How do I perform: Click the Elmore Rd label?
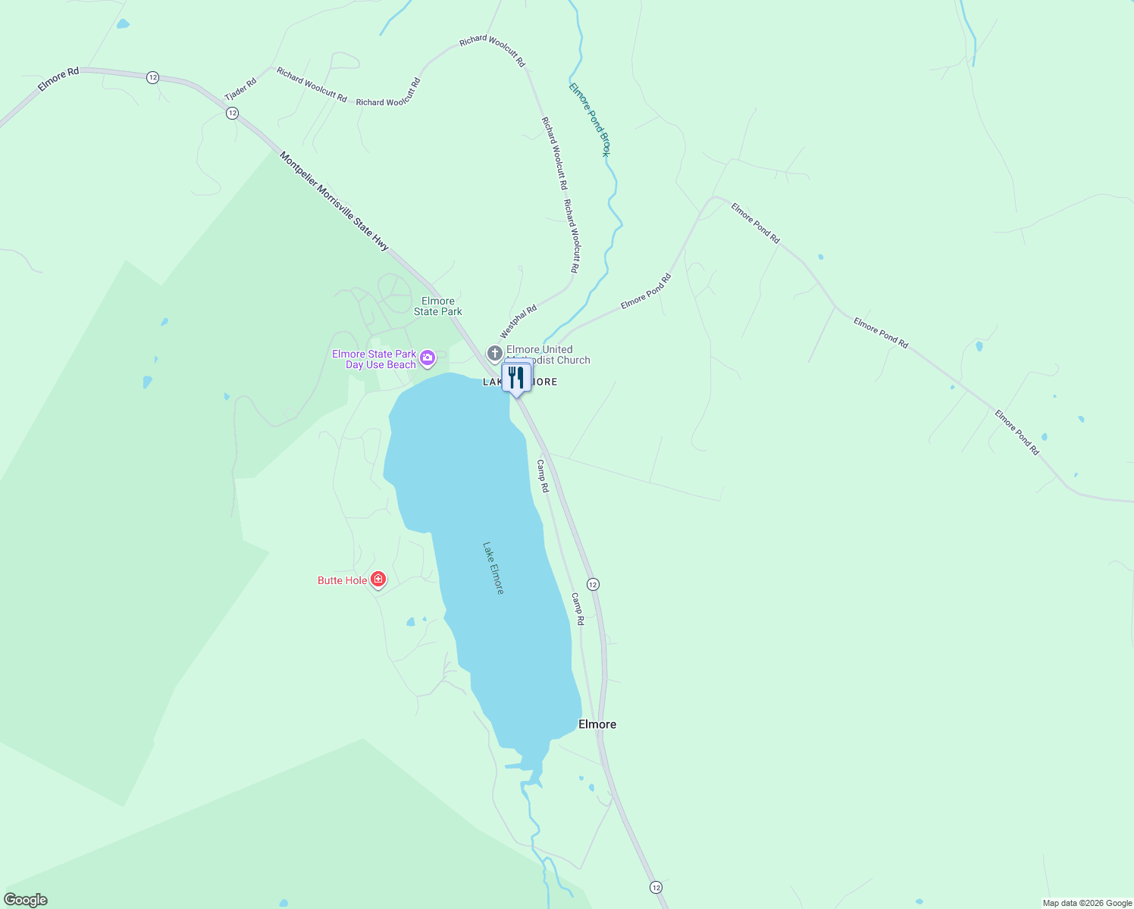pyautogui.click(x=58, y=80)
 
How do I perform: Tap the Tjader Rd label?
pyautogui.click(x=240, y=89)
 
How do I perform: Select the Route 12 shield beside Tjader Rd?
pyautogui.click(x=232, y=113)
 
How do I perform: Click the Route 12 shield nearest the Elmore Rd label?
pyautogui.click(x=152, y=77)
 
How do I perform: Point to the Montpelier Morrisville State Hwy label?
pyautogui.click(x=334, y=201)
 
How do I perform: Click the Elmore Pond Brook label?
pyautogui.click(x=590, y=120)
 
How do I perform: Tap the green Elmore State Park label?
pyautogui.click(x=438, y=306)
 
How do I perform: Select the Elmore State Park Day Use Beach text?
pyautogui.click(x=374, y=359)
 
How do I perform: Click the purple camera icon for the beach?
pyautogui.click(x=428, y=358)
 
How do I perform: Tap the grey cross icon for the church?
pyautogui.click(x=494, y=353)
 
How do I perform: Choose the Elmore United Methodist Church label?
pyautogui.click(x=548, y=355)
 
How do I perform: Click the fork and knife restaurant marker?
pyautogui.click(x=516, y=377)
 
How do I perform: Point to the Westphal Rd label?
pyautogui.click(x=518, y=322)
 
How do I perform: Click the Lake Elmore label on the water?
pyautogui.click(x=493, y=567)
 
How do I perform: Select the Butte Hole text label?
pyautogui.click(x=343, y=580)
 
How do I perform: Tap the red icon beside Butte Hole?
pyautogui.click(x=378, y=579)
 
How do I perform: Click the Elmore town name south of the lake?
pyautogui.click(x=597, y=724)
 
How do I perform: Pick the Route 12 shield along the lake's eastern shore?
pyautogui.click(x=593, y=584)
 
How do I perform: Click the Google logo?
pyautogui.click(x=26, y=900)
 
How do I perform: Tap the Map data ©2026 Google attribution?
pyautogui.click(x=1087, y=903)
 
